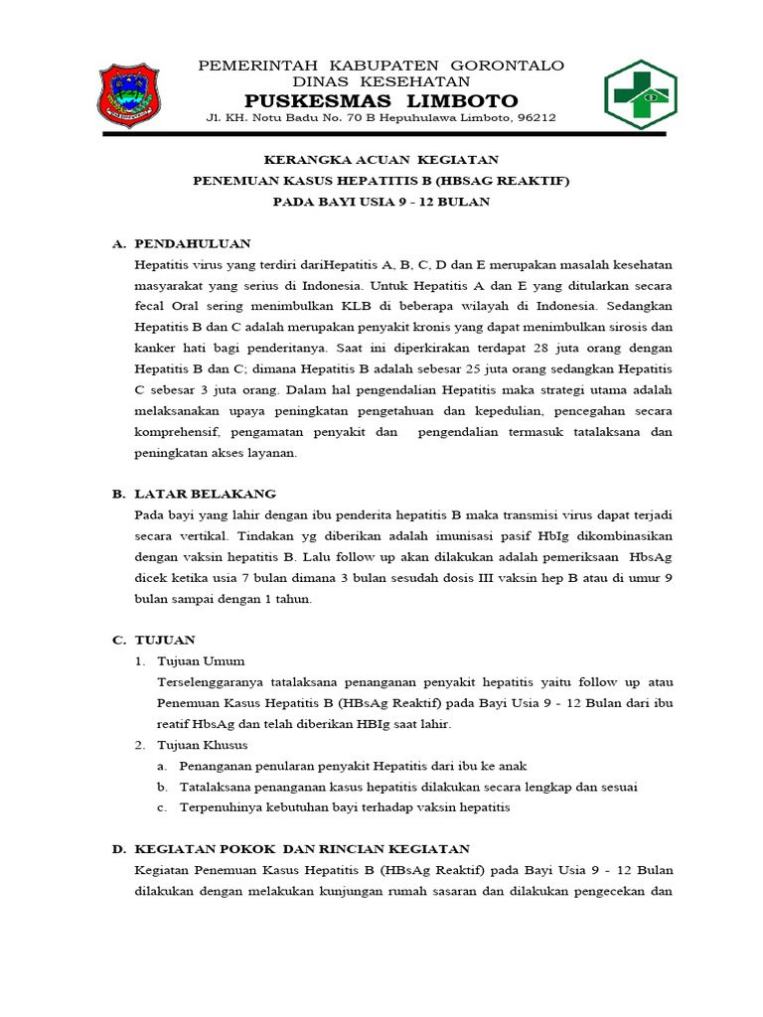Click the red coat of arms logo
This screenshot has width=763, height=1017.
coord(129,96)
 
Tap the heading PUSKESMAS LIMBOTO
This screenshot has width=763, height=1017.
coord(381,100)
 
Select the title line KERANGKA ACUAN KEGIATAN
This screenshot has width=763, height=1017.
coord(381,159)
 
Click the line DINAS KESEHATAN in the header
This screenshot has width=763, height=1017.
coord(381,81)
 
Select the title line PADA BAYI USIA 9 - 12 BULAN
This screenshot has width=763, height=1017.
coord(381,202)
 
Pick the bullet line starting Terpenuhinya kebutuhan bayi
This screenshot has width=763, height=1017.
coord(344,807)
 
